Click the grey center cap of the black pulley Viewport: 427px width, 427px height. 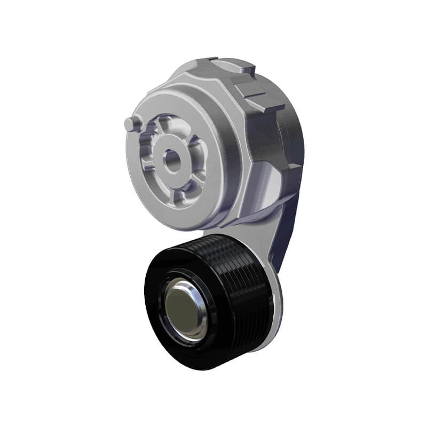(x=181, y=310)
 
